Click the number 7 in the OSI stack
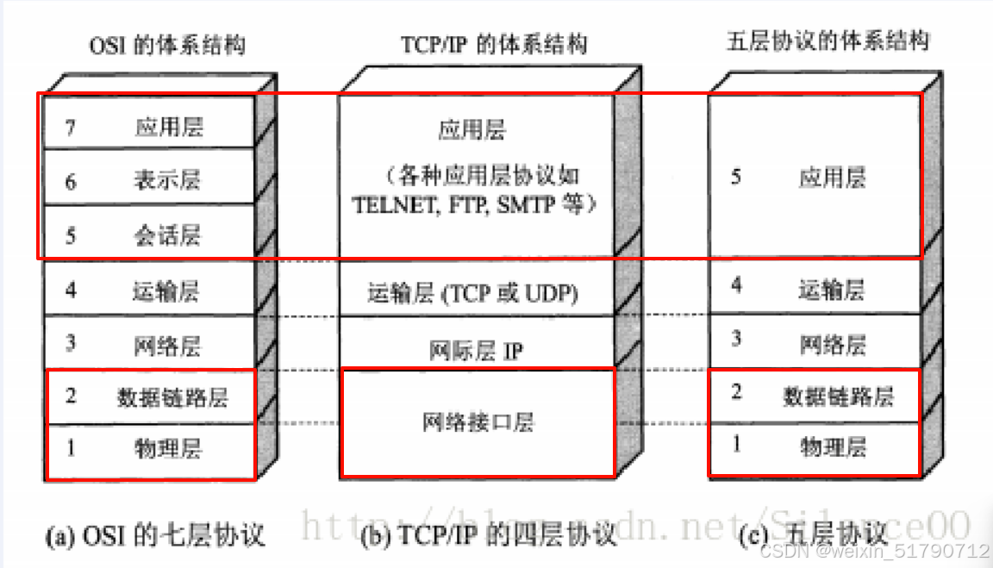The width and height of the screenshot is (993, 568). click(71, 128)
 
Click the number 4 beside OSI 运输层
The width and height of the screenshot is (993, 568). click(71, 290)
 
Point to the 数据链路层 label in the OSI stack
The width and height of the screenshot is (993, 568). click(172, 397)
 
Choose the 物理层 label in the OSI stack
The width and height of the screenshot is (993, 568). click(168, 448)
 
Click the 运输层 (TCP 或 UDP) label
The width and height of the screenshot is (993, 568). click(472, 294)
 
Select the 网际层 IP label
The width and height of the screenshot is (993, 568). click(476, 351)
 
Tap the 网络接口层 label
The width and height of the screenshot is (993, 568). click(478, 421)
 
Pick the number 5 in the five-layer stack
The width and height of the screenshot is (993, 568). click(735, 178)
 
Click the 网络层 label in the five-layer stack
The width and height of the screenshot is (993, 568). click(832, 345)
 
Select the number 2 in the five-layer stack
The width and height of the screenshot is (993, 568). click(736, 393)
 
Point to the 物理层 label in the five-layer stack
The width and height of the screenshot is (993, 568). click(833, 446)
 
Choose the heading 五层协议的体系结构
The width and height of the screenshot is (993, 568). click(827, 41)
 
